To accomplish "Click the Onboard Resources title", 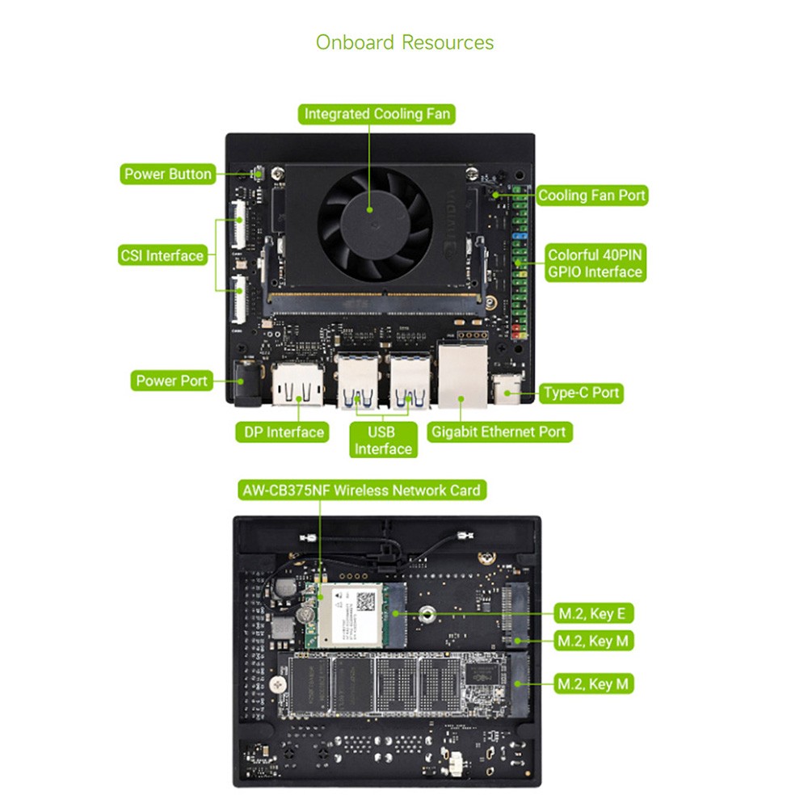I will coord(404,42).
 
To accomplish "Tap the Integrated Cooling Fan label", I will coord(377,114).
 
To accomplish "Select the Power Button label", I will coord(168,174).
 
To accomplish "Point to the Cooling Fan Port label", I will coord(591,195).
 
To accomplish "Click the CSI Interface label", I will coord(162,255).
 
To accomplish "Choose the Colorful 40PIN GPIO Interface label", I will coord(595,263).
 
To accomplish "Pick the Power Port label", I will coord(171,381).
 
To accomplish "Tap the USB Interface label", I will coord(383,440).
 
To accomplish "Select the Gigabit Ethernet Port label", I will coord(499,431).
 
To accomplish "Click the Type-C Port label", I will coord(581,393).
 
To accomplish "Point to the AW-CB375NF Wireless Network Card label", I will coord(361,490).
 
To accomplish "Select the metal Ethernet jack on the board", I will coord(461,376).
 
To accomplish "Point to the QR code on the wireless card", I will coord(367,600).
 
